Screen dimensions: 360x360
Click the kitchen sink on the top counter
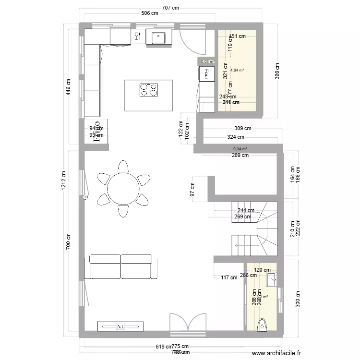159,36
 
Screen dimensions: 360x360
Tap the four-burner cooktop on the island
148,90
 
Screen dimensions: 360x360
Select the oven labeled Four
206,73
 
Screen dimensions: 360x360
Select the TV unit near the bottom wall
120,326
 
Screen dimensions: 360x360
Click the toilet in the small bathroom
262,325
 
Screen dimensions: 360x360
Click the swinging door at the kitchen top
192,41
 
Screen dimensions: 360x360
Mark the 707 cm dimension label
171,8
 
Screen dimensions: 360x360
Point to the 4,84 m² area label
237,70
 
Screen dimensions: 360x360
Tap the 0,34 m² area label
240,149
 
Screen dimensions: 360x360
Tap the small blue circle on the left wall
85,197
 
